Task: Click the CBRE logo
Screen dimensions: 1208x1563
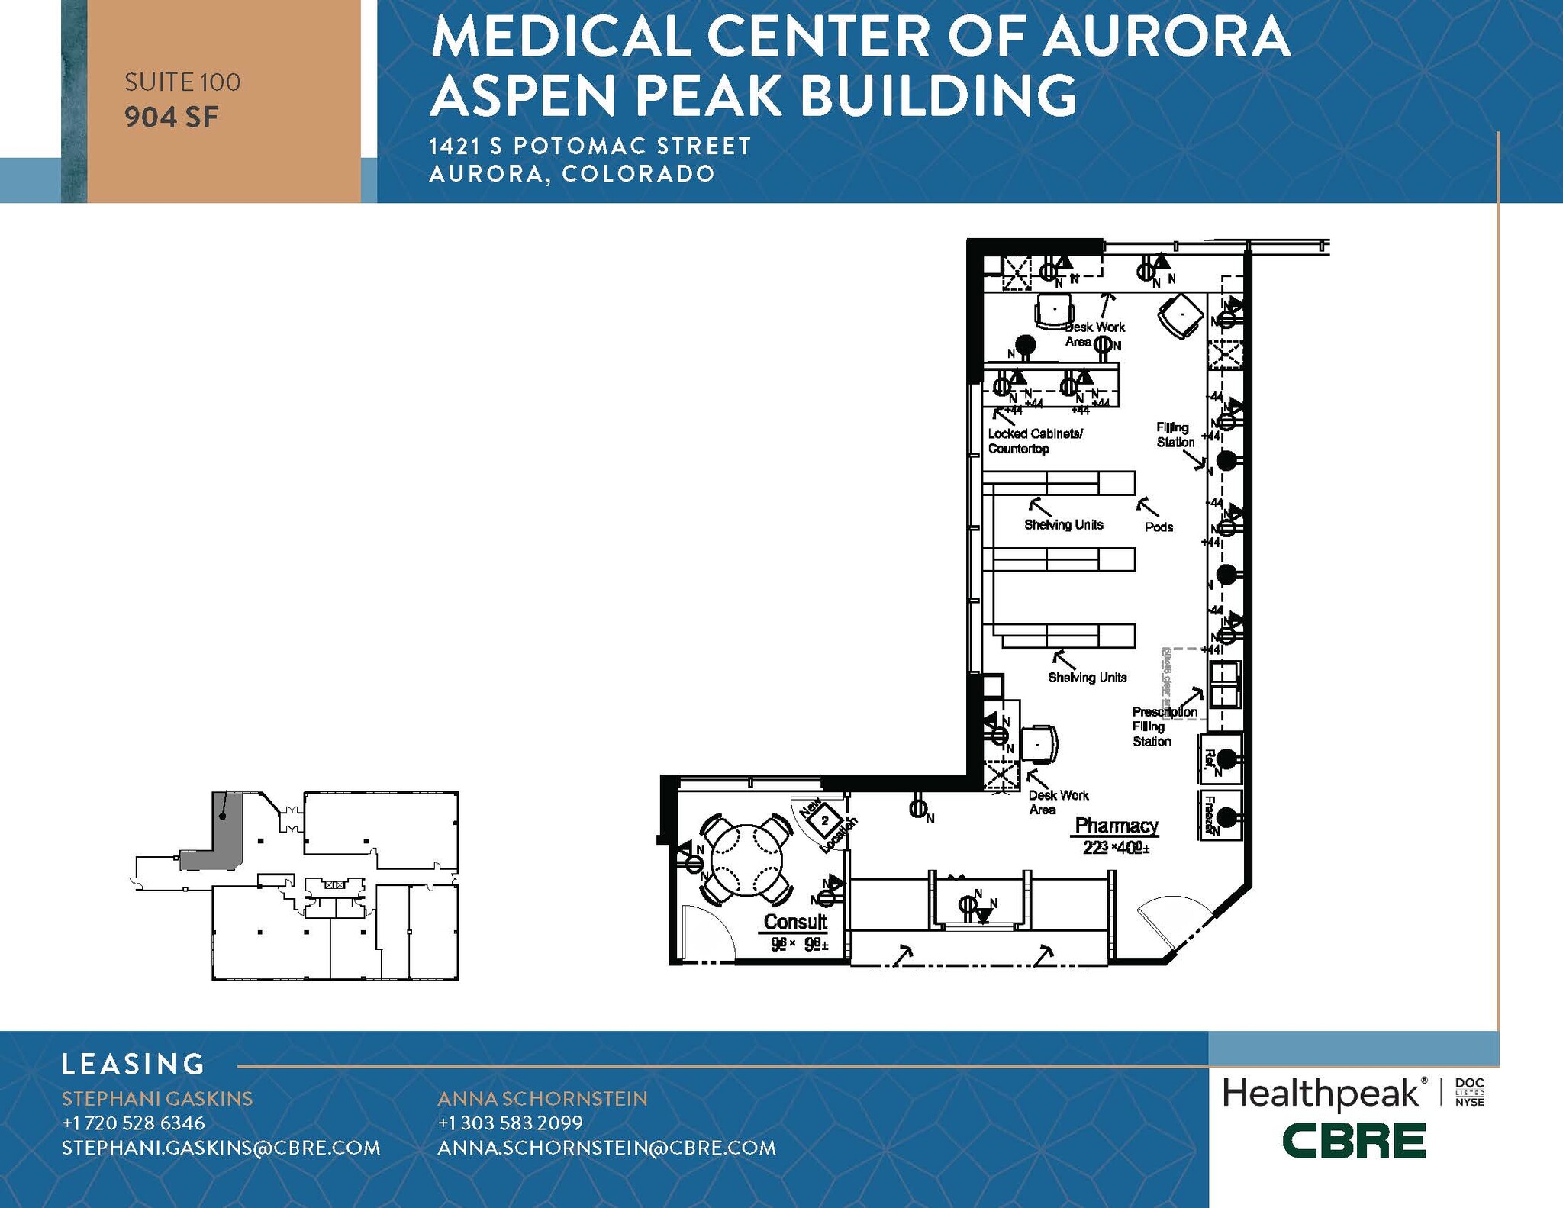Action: (x=1353, y=1141)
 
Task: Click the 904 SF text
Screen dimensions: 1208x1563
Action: (x=172, y=118)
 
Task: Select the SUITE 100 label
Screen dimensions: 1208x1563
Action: (x=182, y=82)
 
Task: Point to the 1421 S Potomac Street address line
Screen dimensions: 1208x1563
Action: (x=590, y=146)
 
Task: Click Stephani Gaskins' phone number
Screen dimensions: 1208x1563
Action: (x=134, y=1123)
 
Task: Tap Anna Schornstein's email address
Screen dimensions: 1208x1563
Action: (x=607, y=1148)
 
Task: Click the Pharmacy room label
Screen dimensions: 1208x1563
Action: (x=1116, y=826)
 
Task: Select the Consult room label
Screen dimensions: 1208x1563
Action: (x=795, y=922)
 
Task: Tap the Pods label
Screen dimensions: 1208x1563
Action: (x=1159, y=527)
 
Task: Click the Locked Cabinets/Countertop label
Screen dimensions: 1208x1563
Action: (x=1034, y=441)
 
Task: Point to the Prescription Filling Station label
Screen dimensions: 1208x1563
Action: (x=1163, y=726)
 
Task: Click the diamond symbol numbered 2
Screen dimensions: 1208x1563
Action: (x=824, y=821)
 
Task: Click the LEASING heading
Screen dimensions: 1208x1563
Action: (x=134, y=1064)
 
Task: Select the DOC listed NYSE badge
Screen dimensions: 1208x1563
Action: (x=1469, y=1093)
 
